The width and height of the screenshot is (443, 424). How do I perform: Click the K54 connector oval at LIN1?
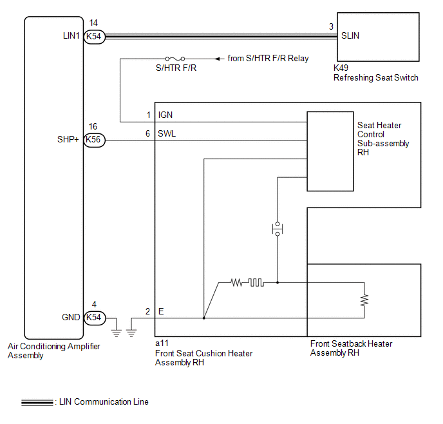click(95, 37)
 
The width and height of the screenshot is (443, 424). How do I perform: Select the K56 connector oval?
click(95, 140)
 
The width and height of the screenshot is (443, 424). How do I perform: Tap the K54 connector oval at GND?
click(95, 318)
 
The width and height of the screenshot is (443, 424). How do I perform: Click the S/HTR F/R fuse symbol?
click(175, 59)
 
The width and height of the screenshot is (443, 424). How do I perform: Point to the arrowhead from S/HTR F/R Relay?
click(218, 59)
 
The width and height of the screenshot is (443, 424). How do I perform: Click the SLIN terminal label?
click(350, 35)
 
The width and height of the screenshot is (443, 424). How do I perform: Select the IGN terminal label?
click(165, 115)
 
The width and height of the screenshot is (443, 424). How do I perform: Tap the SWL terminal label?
click(167, 133)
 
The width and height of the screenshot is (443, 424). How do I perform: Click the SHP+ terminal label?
click(68, 139)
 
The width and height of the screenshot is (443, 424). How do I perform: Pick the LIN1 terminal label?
click(71, 35)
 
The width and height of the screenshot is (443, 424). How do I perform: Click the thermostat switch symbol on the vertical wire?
click(278, 229)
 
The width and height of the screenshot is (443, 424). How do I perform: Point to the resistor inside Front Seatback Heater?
click(364, 300)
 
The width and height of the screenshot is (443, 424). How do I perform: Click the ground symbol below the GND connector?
click(117, 333)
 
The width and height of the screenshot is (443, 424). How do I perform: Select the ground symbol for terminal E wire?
click(131, 333)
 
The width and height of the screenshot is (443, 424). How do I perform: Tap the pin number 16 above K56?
click(93, 126)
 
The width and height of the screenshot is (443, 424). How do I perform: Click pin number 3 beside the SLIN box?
click(331, 26)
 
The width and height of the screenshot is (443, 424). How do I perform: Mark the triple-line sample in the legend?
click(37, 403)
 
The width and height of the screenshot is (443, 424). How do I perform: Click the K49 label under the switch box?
click(341, 68)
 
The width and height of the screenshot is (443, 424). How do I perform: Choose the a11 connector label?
click(162, 343)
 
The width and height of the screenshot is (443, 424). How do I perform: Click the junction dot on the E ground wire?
click(203, 318)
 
